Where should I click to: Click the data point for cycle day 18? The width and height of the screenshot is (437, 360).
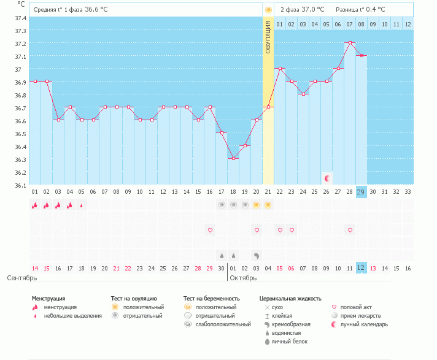coord(233,158)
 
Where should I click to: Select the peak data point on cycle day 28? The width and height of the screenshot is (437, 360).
coord(350,43)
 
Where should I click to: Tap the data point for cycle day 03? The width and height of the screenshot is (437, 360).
coord(58,120)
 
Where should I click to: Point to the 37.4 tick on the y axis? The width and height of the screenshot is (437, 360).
coord(20,17)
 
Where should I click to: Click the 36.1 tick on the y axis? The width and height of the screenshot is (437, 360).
coord(20,185)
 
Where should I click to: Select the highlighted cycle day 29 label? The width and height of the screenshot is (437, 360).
coord(362,192)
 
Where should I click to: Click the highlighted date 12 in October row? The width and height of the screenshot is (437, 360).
coord(362,268)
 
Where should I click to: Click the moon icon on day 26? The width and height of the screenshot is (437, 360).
coord(327,178)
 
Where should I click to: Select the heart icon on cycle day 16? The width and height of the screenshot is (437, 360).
coord(210,230)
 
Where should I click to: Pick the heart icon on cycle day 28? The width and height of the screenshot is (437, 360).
coord(350,230)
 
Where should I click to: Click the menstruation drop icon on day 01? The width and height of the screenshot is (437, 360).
coord(35,205)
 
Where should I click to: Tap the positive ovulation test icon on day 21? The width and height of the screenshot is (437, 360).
coord(268,205)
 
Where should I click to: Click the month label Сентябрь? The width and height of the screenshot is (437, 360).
coord(21,278)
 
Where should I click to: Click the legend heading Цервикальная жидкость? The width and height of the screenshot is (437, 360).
coord(290,299)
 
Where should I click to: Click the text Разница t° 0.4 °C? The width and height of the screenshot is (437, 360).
coord(361,10)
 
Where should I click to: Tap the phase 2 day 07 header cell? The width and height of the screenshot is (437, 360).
coord(350,24)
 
